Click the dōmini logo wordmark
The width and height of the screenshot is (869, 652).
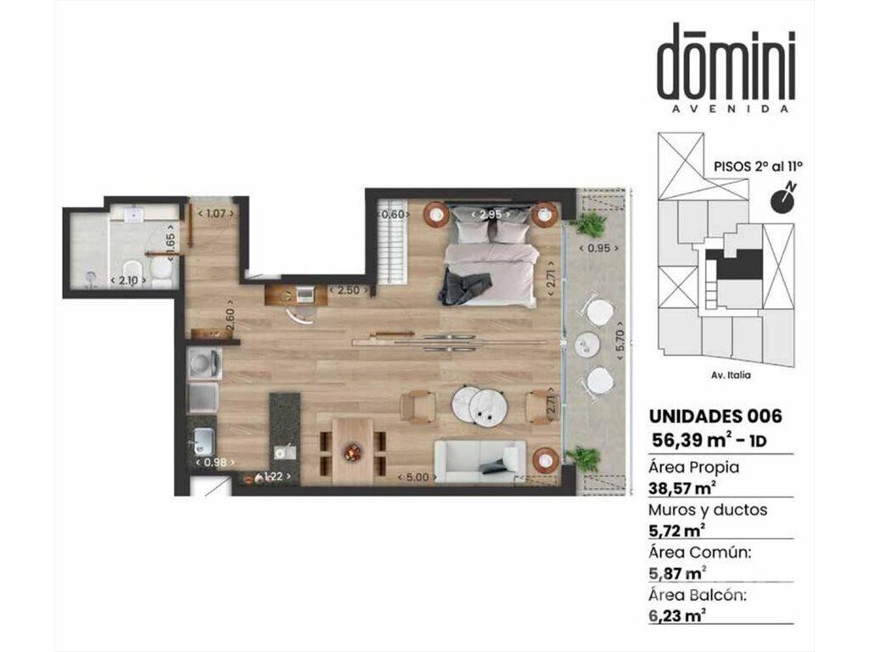726,61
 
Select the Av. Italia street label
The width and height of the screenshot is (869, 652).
731,375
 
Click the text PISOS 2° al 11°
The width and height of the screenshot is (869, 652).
759,166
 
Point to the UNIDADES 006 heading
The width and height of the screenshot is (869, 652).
715,416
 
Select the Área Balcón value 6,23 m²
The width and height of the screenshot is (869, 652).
677,615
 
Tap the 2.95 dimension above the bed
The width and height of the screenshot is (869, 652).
491,215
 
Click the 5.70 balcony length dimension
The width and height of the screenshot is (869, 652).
620,341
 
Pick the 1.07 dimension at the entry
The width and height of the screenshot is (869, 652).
216,213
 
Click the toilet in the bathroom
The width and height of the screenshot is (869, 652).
161,272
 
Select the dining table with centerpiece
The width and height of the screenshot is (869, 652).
352,450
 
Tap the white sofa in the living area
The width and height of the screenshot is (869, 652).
480,461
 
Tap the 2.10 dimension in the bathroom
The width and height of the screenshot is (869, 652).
128,280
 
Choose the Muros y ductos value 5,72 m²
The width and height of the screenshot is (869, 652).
677,531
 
